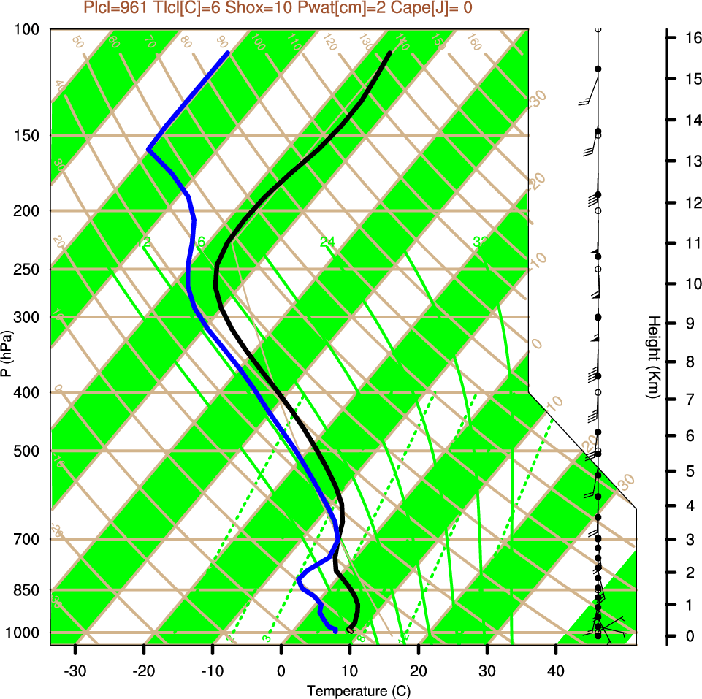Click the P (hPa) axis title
click(7, 353)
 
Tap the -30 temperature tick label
click(75, 671)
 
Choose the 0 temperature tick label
click(281, 671)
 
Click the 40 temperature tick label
click(556, 671)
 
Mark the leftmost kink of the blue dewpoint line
click(148, 149)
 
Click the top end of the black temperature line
click(389, 53)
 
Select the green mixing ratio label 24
click(327, 242)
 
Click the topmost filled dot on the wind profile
click(598, 69)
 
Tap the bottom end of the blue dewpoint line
click(335, 630)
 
